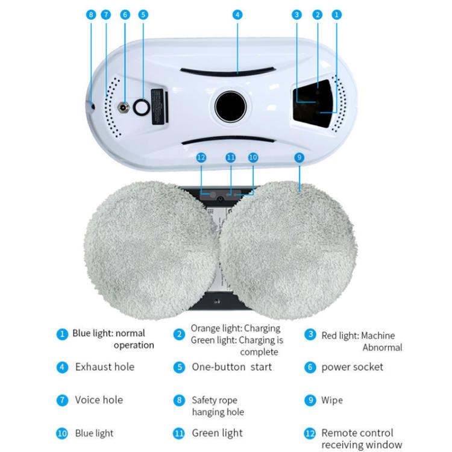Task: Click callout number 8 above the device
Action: pyautogui.click(x=91, y=14)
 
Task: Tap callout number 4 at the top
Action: pyautogui.click(x=237, y=14)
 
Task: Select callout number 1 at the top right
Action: pyautogui.click(x=337, y=14)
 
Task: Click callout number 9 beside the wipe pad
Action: pyautogui.click(x=300, y=157)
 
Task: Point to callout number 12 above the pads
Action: pyautogui.click(x=201, y=157)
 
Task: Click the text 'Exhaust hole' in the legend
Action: pyautogui.click(x=105, y=367)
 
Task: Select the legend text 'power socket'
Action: pyautogui.click(x=352, y=367)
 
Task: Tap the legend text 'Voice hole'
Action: pyautogui.click(x=99, y=400)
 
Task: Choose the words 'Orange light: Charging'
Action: pyautogui.click(x=236, y=328)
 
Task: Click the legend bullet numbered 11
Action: pyautogui.click(x=178, y=433)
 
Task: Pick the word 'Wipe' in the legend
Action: pyautogui.click(x=332, y=400)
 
